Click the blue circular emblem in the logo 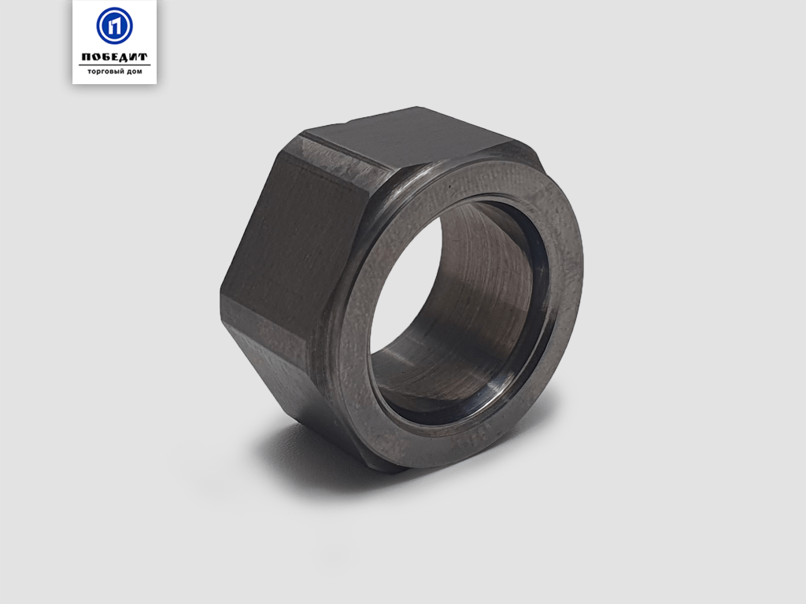click(115, 26)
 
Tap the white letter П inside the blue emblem click(115, 26)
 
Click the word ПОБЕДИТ click(115, 57)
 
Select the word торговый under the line click(105, 72)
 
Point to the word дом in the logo click(134, 72)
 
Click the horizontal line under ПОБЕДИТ click(115, 64)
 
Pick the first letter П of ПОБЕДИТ click(87, 57)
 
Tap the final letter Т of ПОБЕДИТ click(142, 57)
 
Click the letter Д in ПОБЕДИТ click(124, 57)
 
